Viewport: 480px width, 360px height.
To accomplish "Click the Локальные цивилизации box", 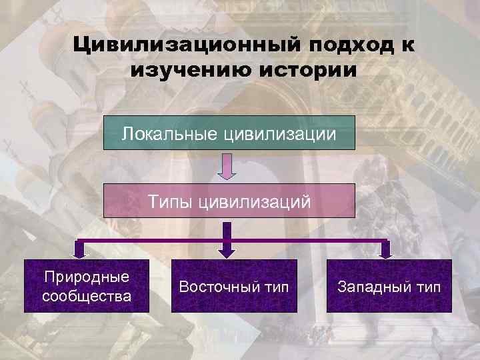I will tap(229, 132).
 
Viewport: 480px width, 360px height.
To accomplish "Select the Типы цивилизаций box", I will tap(229, 201).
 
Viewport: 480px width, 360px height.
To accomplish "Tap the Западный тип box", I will tap(389, 286).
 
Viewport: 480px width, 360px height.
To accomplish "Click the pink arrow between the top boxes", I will tap(228, 166).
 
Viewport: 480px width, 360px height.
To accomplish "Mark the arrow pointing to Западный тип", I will tap(385, 249).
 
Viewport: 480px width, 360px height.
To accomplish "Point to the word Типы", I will tap(171, 201).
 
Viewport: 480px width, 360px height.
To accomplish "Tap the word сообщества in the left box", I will tap(87, 295).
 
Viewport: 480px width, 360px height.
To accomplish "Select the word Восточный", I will tap(213, 287).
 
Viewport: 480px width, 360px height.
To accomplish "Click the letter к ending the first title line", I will tap(404, 46).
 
